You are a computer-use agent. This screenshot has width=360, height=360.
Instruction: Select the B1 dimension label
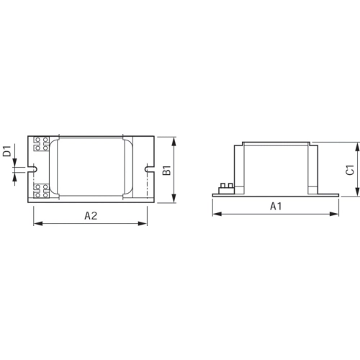pos(166,171)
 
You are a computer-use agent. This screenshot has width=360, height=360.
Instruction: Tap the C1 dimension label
pos(348,170)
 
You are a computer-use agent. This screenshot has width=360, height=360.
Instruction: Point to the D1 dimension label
pos(6,151)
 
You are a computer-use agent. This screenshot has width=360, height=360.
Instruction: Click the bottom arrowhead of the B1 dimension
pos(175,203)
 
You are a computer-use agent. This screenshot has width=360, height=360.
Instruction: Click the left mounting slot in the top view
pos(32,171)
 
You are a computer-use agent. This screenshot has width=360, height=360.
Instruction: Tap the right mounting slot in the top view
pos(149,171)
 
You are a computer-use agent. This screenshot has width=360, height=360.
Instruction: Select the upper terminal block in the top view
pos(41,143)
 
